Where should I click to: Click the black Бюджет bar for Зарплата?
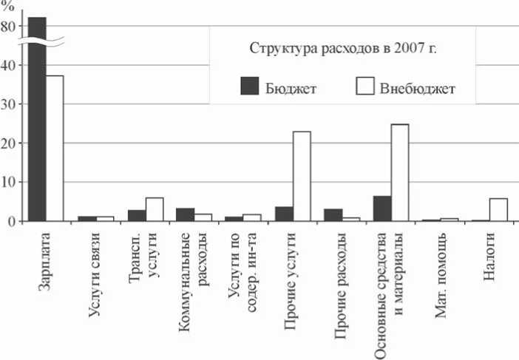click(37, 118)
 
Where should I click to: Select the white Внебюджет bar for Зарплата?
click(55, 148)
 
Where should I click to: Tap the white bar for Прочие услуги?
click(302, 176)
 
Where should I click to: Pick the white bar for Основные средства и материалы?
click(399, 172)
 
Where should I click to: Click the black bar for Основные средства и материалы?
click(382, 208)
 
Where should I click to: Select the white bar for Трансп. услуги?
click(154, 209)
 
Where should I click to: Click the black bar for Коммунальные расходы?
click(186, 214)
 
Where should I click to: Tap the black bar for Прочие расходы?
click(333, 215)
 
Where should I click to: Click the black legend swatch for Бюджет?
click(250, 86)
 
